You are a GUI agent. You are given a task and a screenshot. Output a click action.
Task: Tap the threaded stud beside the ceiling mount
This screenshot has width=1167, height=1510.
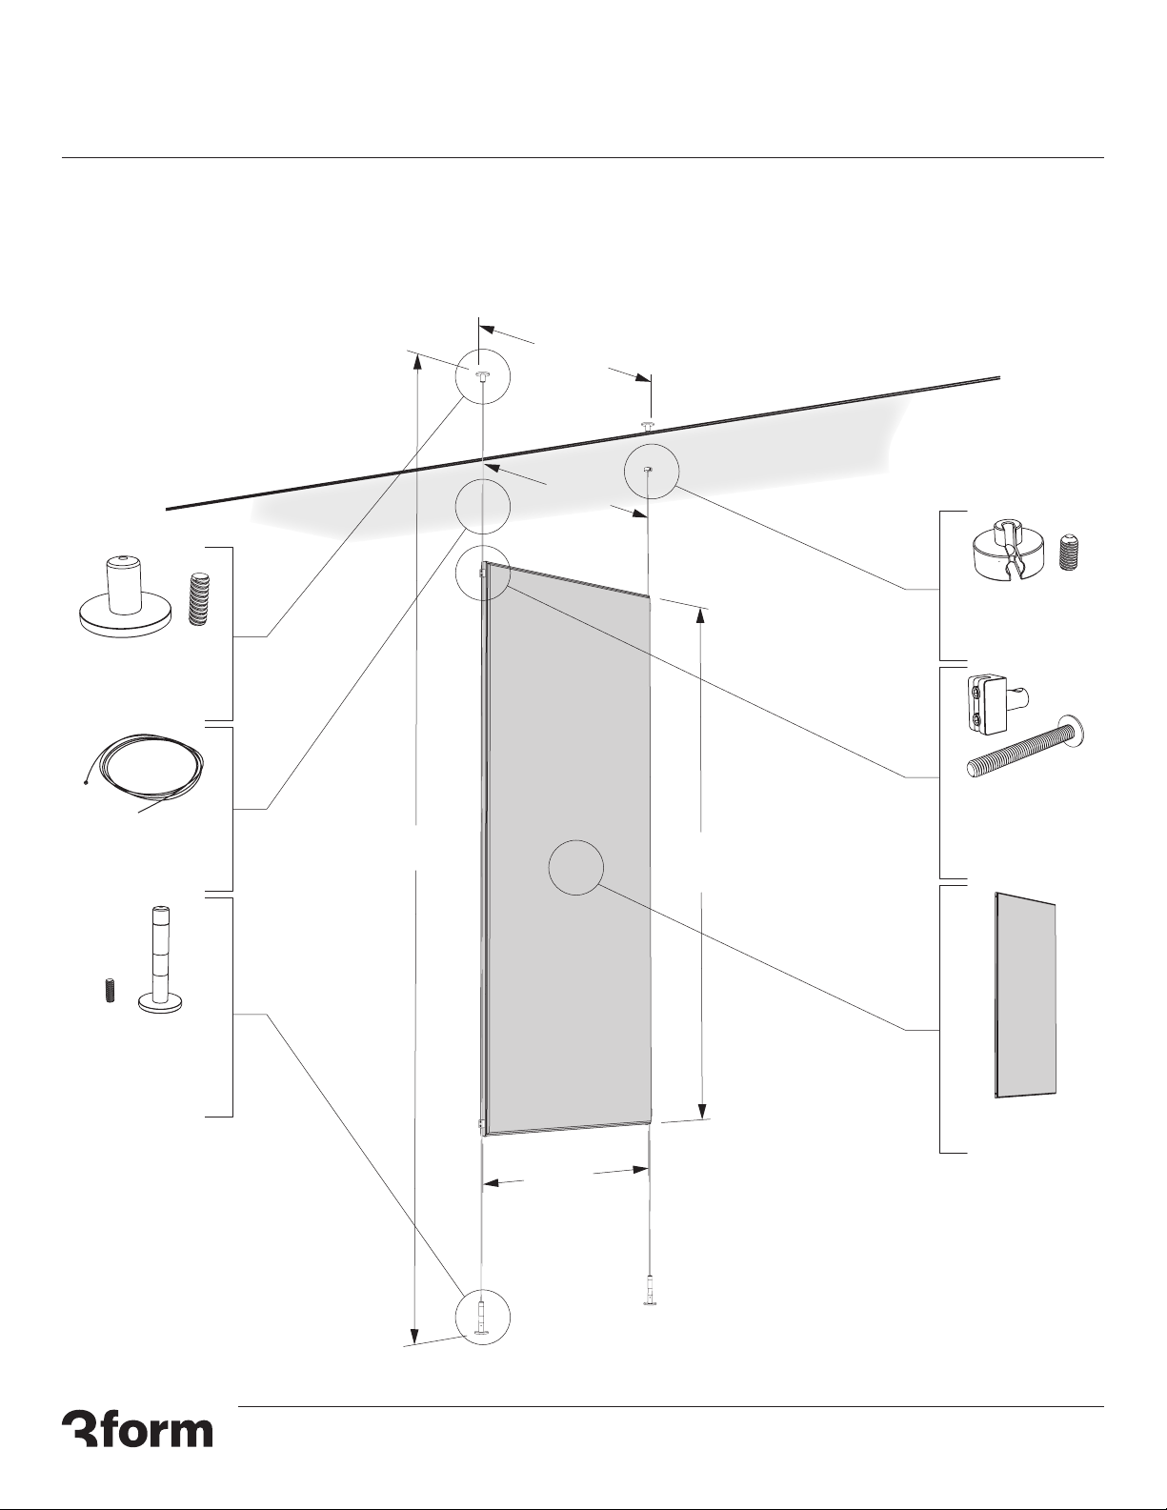point(199,598)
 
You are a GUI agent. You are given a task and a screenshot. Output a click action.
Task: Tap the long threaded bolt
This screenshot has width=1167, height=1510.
point(1027,748)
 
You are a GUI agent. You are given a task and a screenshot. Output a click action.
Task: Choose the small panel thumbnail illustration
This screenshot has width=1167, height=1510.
point(1025,996)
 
